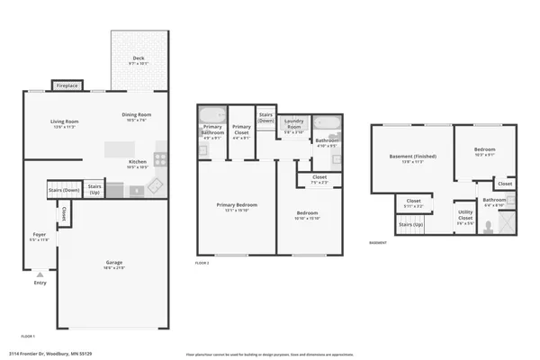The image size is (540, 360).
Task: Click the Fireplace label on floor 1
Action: click(67, 86)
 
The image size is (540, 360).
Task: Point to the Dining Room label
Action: click(137, 114)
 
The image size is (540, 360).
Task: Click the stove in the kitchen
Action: click(160, 159)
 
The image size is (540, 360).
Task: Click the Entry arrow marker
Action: click(40, 274)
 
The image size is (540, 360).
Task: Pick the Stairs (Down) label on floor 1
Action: click(64, 190)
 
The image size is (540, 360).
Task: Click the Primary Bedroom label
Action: click(237, 205)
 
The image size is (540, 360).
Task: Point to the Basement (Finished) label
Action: click(413, 156)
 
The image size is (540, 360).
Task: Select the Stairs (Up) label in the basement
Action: click(411, 223)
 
